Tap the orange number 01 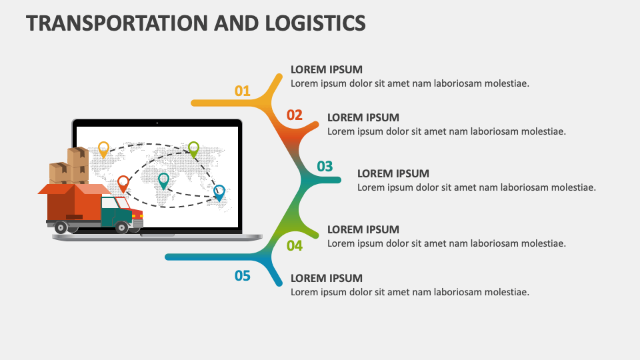coord(242,91)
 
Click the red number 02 coord(295,115)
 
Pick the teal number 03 coord(325,166)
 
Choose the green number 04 coord(295,246)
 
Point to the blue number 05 coord(242,275)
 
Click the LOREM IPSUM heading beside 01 coord(327,69)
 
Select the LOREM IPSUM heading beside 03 coord(393,173)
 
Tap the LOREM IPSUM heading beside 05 coord(327,278)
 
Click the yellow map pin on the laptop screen coord(103,148)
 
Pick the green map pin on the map coord(193,148)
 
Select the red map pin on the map coord(123,182)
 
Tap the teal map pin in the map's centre coord(163,179)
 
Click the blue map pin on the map coord(219,192)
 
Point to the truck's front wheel coord(121,227)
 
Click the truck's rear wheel coord(61,227)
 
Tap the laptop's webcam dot coord(157,123)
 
